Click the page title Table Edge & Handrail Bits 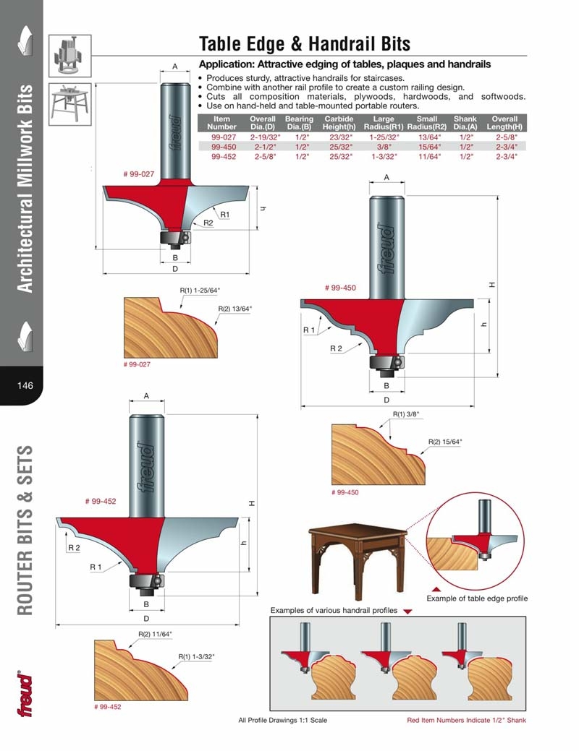pyautogui.click(x=305, y=44)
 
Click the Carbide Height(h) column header pyautogui.click(x=338, y=123)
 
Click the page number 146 pyautogui.click(x=25, y=385)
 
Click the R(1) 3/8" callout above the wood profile pyautogui.click(x=406, y=414)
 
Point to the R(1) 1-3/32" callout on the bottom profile pyautogui.click(x=196, y=656)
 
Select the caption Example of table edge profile pyautogui.click(x=477, y=598)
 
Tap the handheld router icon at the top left pyautogui.click(x=70, y=56)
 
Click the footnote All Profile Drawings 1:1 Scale pyautogui.click(x=282, y=720)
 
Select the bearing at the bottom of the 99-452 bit pyautogui.click(x=145, y=580)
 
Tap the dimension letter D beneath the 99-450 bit pyautogui.click(x=386, y=400)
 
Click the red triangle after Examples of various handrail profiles pyautogui.click(x=407, y=611)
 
